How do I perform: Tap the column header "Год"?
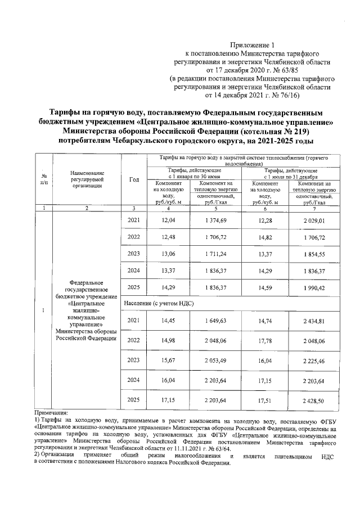(x=134, y=179)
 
